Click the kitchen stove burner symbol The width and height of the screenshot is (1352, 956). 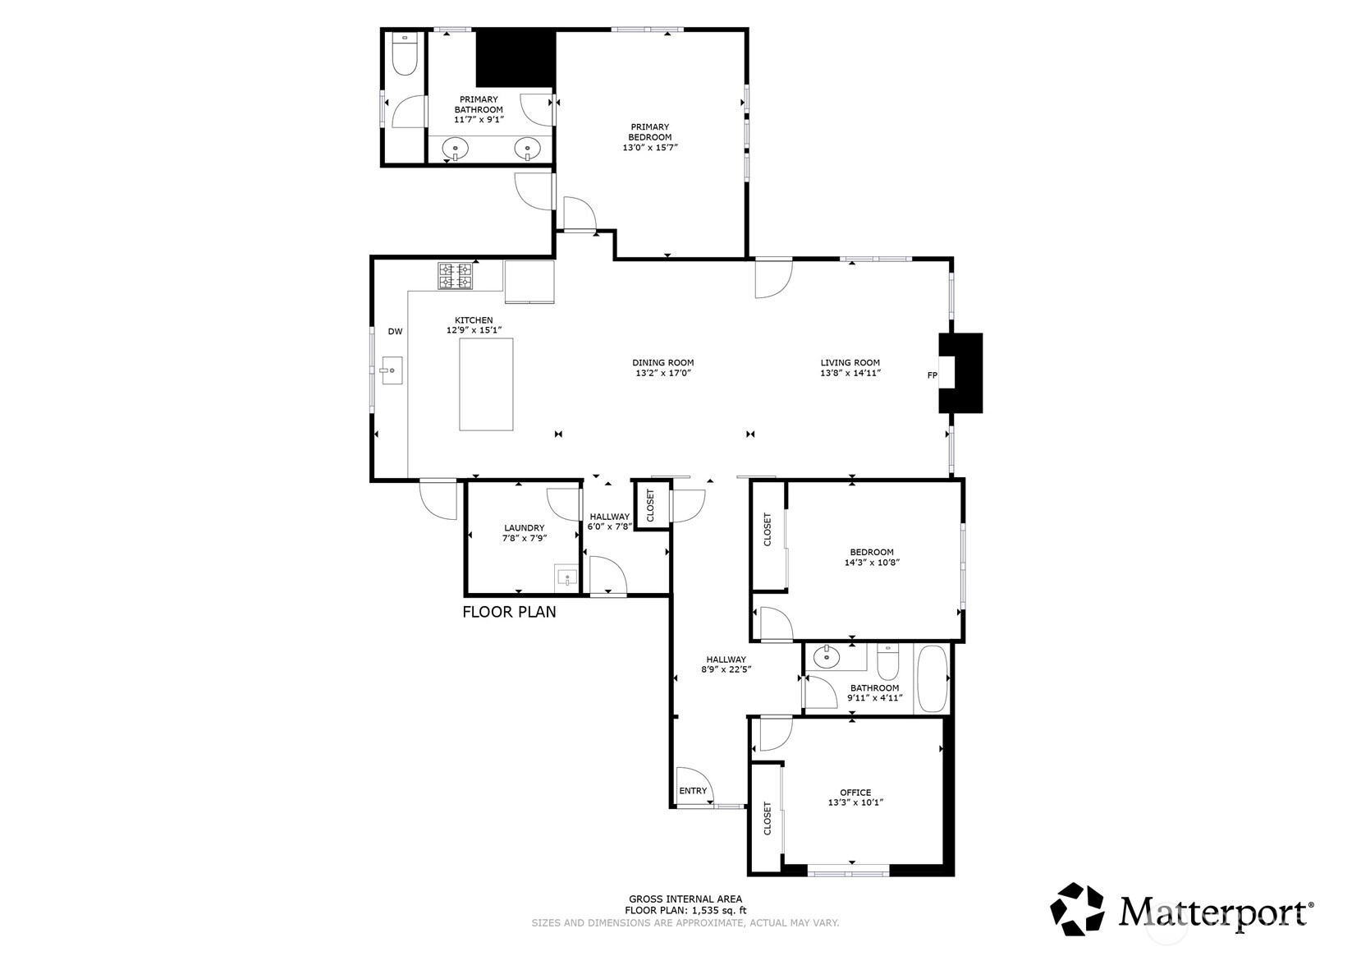pos(455,276)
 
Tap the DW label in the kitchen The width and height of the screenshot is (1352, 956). pos(395,332)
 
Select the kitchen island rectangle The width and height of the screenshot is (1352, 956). pos(486,384)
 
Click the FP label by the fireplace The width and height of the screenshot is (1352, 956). pos(932,375)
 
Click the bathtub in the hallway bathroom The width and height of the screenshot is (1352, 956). pos(933,679)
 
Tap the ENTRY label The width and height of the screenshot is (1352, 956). pos(693,791)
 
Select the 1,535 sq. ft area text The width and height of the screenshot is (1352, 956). pos(719,910)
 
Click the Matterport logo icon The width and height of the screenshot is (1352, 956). pos(1077,909)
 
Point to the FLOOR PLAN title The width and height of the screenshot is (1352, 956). pos(509,612)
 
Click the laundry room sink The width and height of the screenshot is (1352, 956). pos(566,579)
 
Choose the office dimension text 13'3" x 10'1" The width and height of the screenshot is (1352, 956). pos(855,802)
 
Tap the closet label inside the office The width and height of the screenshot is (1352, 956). pos(768,818)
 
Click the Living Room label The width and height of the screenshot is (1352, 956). pos(850,362)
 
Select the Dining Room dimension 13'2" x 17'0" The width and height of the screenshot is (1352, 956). pos(662,373)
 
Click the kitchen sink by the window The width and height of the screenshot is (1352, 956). pos(391,370)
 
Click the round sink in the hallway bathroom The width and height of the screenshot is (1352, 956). pos(824,656)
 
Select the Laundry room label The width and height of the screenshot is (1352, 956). pos(524,528)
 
